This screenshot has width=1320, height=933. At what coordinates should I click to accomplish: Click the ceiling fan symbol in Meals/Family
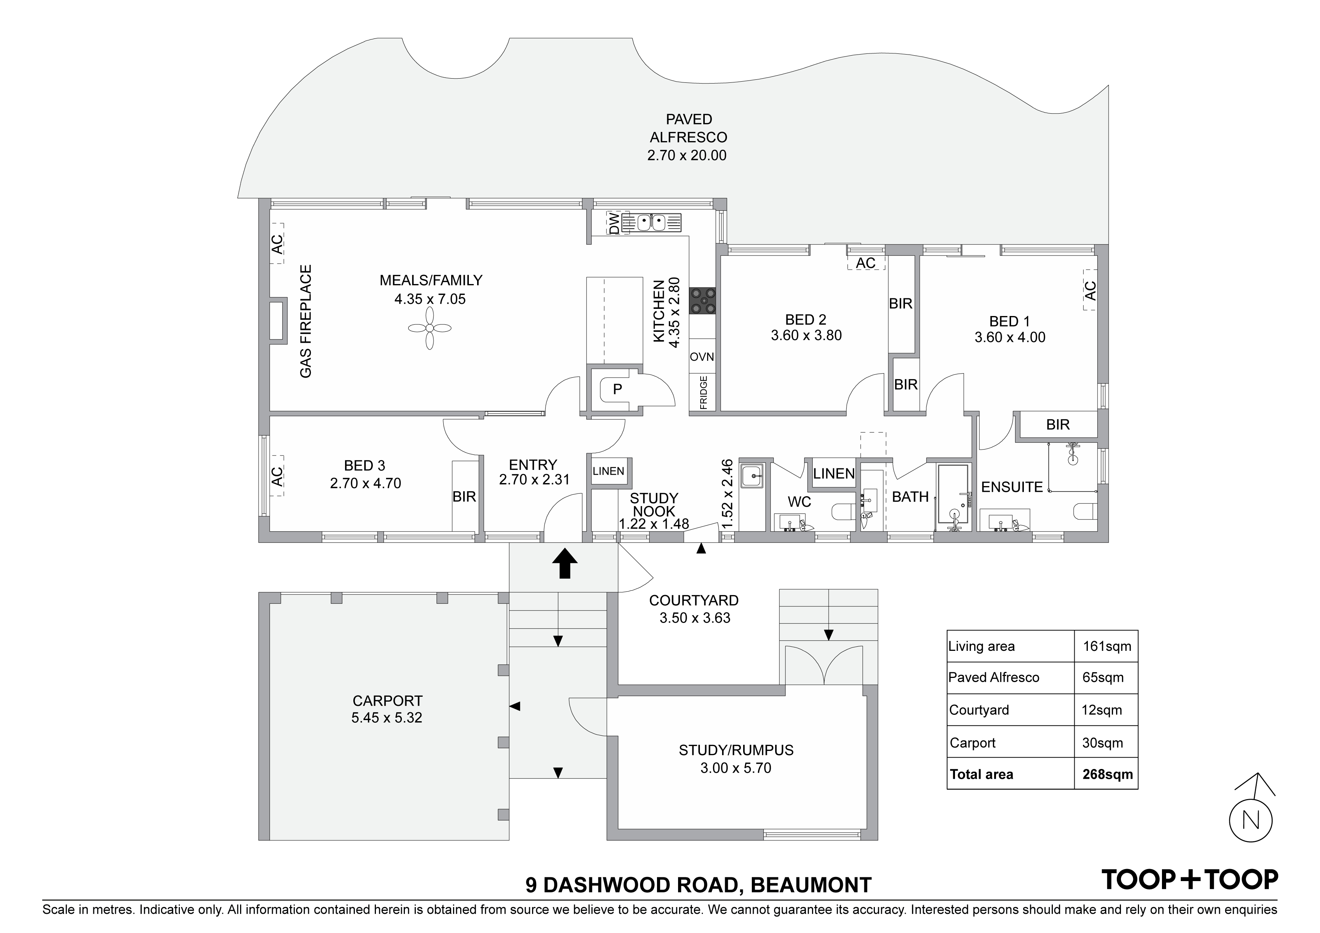[x=429, y=328]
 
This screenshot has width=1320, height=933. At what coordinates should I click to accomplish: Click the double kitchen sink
[x=651, y=222]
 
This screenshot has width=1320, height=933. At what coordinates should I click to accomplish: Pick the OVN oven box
[x=702, y=356]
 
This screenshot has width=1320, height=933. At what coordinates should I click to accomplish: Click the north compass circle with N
[x=1250, y=821]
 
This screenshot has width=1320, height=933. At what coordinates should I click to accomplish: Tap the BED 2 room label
[x=806, y=320]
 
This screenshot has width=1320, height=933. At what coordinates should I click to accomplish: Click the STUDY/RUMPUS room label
[x=736, y=750]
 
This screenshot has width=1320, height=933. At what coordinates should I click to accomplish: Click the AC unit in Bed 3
[x=277, y=476]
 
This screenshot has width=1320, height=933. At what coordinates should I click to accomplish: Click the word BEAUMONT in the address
[x=811, y=885]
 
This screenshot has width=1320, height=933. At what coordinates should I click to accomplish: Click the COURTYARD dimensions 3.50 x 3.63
[x=695, y=618]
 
